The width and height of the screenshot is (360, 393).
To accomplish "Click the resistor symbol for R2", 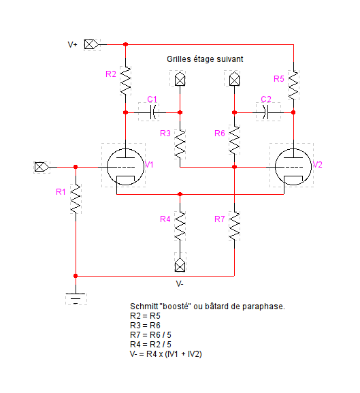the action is (x=125, y=80).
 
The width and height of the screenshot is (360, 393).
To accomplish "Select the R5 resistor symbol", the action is (x=293, y=85).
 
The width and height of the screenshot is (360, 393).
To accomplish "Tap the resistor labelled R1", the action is (x=76, y=199).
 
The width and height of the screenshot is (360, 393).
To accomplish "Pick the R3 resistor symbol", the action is (x=180, y=144).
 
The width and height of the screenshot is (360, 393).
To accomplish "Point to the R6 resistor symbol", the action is (x=234, y=140).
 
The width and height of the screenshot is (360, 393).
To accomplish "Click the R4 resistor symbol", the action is (x=180, y=226).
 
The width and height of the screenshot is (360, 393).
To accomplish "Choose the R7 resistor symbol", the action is (x=234, y=226).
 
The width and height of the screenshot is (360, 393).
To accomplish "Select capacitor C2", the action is (x=265, y=112).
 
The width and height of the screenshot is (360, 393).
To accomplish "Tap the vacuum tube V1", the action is (x=125, y=167).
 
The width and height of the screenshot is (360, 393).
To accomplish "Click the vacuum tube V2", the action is (x=293, y=167).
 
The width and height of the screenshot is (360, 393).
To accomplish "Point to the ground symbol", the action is (x=76, y=298).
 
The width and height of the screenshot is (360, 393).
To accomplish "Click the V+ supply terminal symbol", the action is (x=91, y=45).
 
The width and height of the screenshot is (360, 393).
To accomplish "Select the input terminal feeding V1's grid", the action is (x=42, y=167).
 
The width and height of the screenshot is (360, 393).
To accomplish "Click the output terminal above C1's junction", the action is (x=180, y=79).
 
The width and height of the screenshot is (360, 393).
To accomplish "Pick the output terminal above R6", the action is (x=234, y=79).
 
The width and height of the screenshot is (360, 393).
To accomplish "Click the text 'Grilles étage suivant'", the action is (x=205, y=59).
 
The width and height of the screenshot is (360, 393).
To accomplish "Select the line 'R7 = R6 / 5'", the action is (x=150, y=335).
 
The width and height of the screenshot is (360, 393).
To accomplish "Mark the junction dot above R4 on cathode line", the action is (x=180, y=194).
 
